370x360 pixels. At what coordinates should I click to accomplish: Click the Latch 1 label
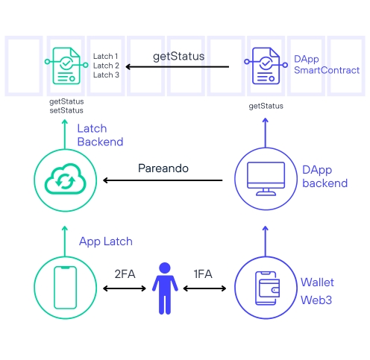pyautogui.click(x=105, y=57)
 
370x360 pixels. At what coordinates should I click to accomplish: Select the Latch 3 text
pyautogui.click(x=106, y=75)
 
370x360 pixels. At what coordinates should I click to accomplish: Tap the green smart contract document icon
pyautogui.click(x=66, y=66)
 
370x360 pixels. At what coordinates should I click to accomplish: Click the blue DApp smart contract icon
pyautogui.click(x=266, y=66)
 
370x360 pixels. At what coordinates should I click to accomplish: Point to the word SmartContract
pyautogui.click(x=327, y=70)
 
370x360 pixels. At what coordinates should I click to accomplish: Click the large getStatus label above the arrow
pyautogui.click(x=178, y=57)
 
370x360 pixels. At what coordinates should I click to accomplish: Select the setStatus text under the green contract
pyautogui.click(x=66, y=110)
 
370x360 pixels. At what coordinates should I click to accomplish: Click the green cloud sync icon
pyautogui.click(x=65, y=179)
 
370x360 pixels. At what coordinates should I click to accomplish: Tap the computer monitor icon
pyautogui.click(x=266, y=179)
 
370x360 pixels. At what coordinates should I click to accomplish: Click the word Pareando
pyautogui.click(x=163, y=168)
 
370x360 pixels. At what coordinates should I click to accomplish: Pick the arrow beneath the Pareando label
pyautogui.click(x=163, y=180)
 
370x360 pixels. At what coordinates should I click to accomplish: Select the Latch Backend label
pyautogui.click(x=100, y=135)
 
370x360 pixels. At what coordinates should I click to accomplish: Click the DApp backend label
pyautogui.click(x=324, y=177)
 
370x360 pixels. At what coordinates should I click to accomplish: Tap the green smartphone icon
pyautogui.click(x=65, y=288)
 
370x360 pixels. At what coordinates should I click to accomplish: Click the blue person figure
pyautogui.click(x=165, y=288)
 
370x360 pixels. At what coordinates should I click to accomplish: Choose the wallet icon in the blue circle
pyautogui.click(x=267, y=288)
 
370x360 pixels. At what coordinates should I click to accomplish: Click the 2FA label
pyautogui.click(x=125, y=274)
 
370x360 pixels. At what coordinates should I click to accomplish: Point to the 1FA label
pyautogui.click(x=203, y=274)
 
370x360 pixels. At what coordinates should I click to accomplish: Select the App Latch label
pyautogui.click(x=106, y=241)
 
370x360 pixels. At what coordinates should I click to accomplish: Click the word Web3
pyautogui.click(x=316, y=300)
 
